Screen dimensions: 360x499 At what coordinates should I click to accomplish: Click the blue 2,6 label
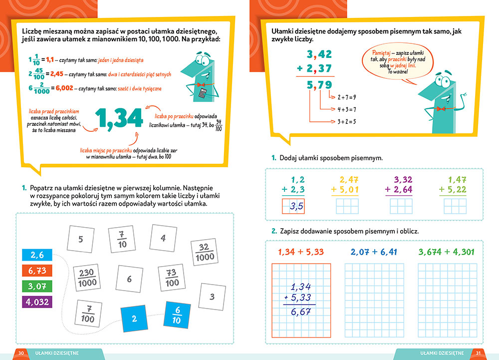[37, 255]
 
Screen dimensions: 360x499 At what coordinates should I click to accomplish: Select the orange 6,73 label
[37, 271]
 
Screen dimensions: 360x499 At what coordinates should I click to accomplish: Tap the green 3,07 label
[37, 286]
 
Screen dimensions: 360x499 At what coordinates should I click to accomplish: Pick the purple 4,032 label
[37, 302]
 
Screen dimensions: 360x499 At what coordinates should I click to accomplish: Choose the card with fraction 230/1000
[87, 278]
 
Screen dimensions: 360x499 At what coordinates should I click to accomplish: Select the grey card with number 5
[81, 239]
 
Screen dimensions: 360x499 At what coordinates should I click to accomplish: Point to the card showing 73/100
[172, 278]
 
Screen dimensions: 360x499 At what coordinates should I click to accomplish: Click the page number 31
[478, 353]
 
